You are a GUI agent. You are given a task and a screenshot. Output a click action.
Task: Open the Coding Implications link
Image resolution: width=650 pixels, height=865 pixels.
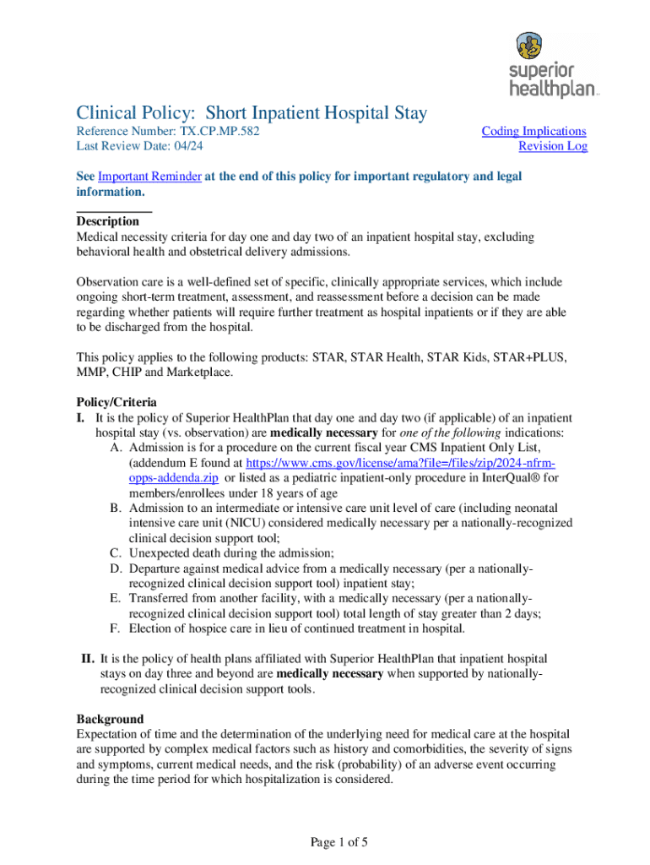pyautogui.click(x=534, y=131)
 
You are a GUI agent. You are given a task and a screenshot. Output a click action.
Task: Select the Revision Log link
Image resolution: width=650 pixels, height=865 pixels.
pyautogui.click(x=552, y=146)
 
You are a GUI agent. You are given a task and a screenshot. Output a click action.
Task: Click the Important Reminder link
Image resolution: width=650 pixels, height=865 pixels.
pyautogui.click(x=149, y=176)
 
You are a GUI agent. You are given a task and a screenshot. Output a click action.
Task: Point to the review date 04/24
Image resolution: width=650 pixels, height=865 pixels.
pyautogui.click(x=192, y=146)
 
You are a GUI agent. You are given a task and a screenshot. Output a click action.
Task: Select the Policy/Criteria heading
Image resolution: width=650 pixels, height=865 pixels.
pyautogui.click(x=116, y=402)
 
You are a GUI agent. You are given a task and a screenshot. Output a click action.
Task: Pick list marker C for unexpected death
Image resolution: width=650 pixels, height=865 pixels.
pyautogui.click(x=114, y=553)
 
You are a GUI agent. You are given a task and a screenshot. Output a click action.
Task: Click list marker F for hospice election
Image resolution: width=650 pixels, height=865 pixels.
pyautogui.click(x=113, y=628)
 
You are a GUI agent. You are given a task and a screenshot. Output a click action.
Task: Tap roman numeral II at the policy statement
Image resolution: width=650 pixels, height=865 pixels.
pyautogui.click(x=88, y=658)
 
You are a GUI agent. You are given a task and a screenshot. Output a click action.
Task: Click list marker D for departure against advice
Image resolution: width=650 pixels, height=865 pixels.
pyautogui.click(x=114, y=569)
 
